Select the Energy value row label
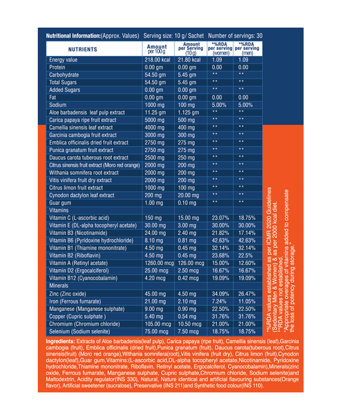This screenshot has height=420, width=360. pos(64,61)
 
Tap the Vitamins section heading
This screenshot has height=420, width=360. pos(59,211)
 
